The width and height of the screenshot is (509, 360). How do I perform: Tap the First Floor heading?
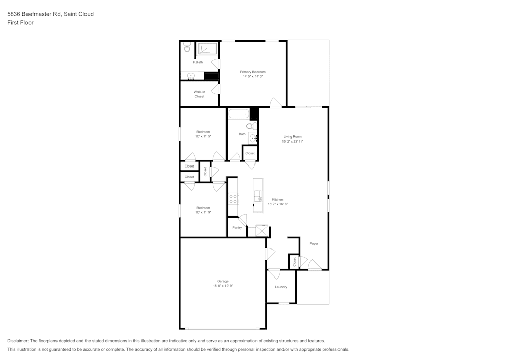[x=20, y=23]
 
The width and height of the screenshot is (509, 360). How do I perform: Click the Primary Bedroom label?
[x=253, y=72]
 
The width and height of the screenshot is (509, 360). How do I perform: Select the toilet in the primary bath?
[x=187, y=48]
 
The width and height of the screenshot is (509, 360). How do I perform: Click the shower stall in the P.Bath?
[x=207, y=48]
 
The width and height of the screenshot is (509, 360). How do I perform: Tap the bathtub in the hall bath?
[x=238, y=114]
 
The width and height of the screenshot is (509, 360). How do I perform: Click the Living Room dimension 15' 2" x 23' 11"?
[x=293, y=142]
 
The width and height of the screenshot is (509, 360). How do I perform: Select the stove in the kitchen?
[x=233, y=199]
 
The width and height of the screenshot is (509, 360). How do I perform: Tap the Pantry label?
[x=237, y=228]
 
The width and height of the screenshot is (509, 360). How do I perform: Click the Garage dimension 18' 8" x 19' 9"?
[x=222, y=286]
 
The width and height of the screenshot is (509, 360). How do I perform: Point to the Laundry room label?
[x=281, y=287]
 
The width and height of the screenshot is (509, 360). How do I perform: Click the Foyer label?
[x=314, y=244]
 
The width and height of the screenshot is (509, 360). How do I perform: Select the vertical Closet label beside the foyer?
[x=294, y=262]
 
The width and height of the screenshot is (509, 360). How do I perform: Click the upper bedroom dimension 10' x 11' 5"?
[x=203, y=136]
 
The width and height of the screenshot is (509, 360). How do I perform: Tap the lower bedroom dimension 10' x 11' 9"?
[x=203, y=212]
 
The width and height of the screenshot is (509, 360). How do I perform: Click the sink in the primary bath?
[x=191, y=76]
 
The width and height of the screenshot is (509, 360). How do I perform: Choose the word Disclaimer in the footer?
[x=18, y=341]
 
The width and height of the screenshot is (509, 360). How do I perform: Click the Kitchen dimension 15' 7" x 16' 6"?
[x=278, y=204]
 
